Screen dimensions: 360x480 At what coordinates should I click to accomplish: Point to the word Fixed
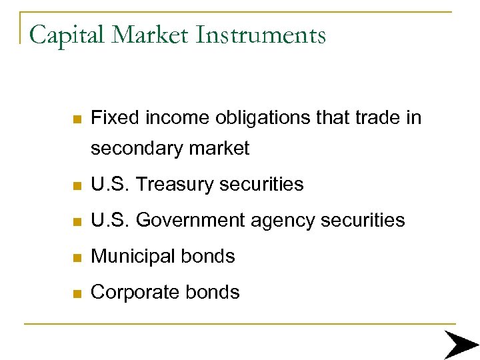pos(113,118)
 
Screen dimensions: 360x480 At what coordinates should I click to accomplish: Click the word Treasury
pos(175,185)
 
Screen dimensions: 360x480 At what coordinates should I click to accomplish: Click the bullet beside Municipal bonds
pos(77,257)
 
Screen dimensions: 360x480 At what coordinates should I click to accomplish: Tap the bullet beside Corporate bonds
pos(77,293)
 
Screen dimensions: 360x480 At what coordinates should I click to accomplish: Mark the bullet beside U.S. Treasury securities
pos(77,185)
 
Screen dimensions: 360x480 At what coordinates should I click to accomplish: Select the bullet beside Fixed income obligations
pos(77,119)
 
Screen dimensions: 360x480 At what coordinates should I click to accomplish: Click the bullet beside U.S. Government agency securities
pos(77,221)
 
